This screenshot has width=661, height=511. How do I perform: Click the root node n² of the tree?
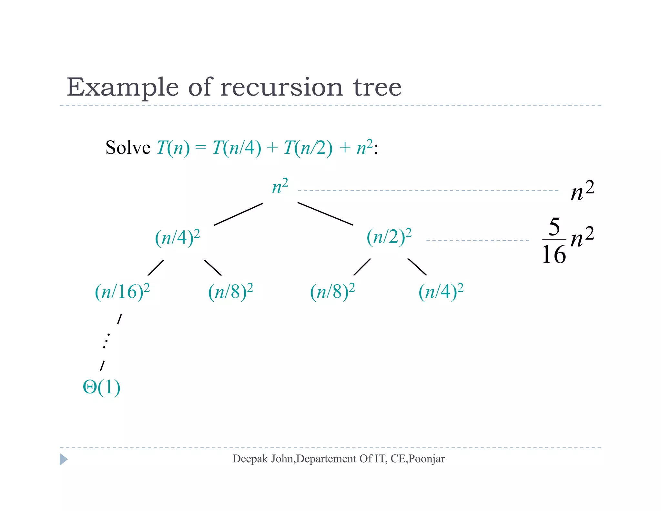280,187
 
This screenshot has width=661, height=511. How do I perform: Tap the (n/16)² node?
122,292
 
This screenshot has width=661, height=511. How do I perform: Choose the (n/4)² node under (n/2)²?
441,292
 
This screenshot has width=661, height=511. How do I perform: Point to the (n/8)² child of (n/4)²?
230,292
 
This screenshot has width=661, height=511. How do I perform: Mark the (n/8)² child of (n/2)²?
332,292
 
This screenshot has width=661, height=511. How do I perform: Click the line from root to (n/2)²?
325,214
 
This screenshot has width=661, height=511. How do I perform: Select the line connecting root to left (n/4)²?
239,214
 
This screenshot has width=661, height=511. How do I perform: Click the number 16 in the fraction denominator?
554,255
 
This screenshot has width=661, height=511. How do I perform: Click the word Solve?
128,148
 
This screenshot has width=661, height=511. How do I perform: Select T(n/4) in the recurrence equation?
237,148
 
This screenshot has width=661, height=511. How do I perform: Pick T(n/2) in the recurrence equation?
308,148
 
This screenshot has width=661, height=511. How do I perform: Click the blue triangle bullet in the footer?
64,459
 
